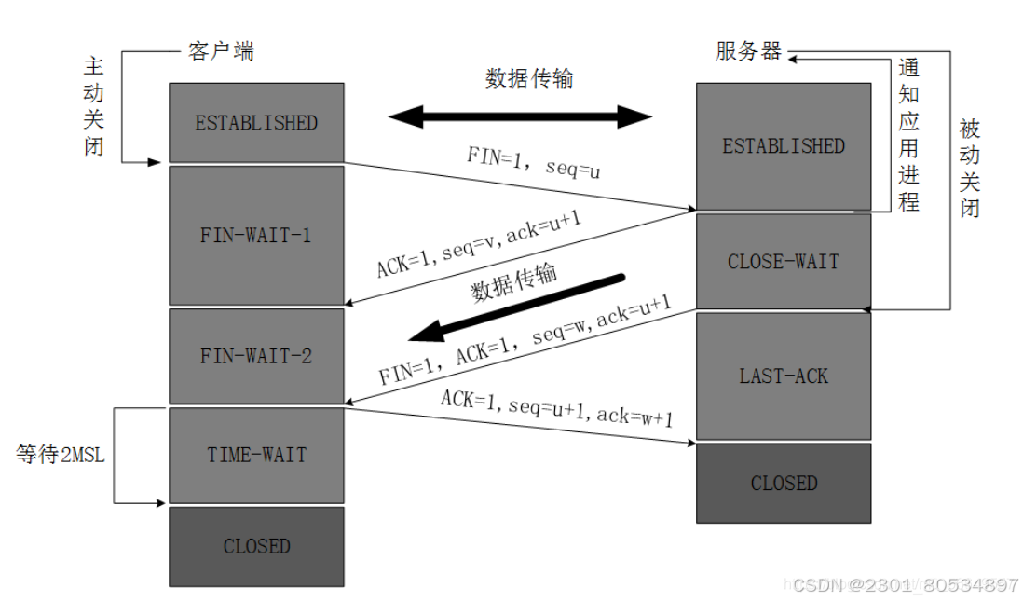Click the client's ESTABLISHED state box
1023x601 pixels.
pos(255,122)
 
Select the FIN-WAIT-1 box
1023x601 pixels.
pos(255,235)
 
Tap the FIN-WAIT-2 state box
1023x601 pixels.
pos(255,356)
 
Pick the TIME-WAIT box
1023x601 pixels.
pos(255,455)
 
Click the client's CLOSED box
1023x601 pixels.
pos(255,546)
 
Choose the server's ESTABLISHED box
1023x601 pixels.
pos(783,145)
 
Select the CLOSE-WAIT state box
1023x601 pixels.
pos(783,262)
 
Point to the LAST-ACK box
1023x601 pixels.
pos(783,376)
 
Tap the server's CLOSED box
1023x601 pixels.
pos(783,483)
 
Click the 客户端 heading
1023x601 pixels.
pos(221,50)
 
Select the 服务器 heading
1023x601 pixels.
pos(748,50)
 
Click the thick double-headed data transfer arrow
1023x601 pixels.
pos(520,116)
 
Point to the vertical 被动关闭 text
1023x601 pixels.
pos(969,168)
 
